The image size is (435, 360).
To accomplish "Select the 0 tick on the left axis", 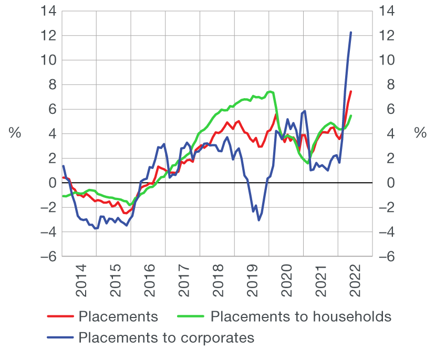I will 51,183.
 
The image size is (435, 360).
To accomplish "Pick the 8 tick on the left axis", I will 51,84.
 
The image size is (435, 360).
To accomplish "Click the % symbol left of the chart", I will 15,133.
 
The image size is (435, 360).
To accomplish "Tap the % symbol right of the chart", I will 420,133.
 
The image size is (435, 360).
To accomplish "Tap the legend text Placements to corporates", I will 166,337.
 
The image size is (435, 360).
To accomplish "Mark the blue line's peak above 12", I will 350,33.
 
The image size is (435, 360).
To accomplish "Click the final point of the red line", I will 350,92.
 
